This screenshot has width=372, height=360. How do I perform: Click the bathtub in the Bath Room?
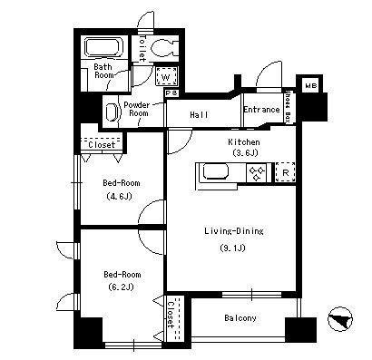click(103, 47)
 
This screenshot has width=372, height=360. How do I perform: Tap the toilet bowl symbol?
click(163, 47)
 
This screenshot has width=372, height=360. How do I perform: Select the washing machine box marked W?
click(166, 76)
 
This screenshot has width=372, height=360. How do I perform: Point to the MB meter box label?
click(310, 86)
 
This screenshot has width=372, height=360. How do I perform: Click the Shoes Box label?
click(289, 107)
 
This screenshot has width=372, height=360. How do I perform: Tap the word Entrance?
click(261, 109)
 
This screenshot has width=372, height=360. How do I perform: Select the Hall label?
click(199, 115)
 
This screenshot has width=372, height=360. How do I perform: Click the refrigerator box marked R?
click(285, 172)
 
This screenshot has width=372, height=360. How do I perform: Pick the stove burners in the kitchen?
click(257, 173)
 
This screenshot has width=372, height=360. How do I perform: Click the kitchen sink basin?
click(215, 171)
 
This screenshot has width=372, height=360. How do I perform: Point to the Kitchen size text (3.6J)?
click(245, 153)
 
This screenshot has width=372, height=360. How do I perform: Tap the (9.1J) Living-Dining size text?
click(232, 248)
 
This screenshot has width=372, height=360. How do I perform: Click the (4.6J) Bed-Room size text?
click(120, 197)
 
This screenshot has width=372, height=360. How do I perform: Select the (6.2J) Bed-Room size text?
click(121, 287)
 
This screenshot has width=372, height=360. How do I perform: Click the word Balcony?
click(240, 318)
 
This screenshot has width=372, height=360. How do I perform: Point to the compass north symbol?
click(340, 319)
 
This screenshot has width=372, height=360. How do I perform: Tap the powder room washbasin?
click(113, 112)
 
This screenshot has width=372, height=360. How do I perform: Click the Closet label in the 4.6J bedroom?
click(102, 145)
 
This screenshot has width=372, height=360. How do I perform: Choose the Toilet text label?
click(142, 48)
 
